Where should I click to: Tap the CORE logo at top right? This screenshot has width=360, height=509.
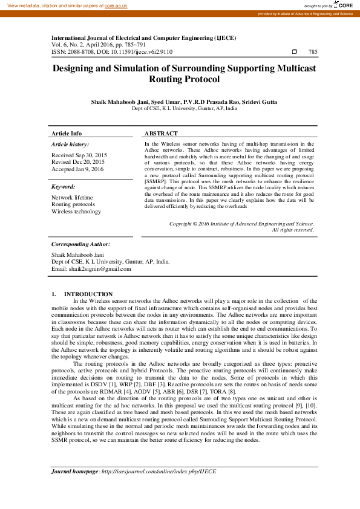345,5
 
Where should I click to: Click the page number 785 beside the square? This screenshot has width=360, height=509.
313,52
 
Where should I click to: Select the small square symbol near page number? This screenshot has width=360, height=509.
294,52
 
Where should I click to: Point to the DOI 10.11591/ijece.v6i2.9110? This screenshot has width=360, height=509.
142,52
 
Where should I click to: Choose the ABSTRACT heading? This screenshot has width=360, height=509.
161,133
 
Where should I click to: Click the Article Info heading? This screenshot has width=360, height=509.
67,133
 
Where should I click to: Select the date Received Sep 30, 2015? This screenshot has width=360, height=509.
79,155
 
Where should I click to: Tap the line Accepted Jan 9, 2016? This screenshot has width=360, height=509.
77,169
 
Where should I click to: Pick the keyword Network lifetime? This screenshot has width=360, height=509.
72,198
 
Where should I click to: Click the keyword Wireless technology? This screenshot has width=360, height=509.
76,212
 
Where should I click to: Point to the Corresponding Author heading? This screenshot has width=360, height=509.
81,244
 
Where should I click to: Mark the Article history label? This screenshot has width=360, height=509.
70,144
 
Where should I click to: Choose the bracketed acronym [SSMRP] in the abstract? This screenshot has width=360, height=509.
157,181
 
